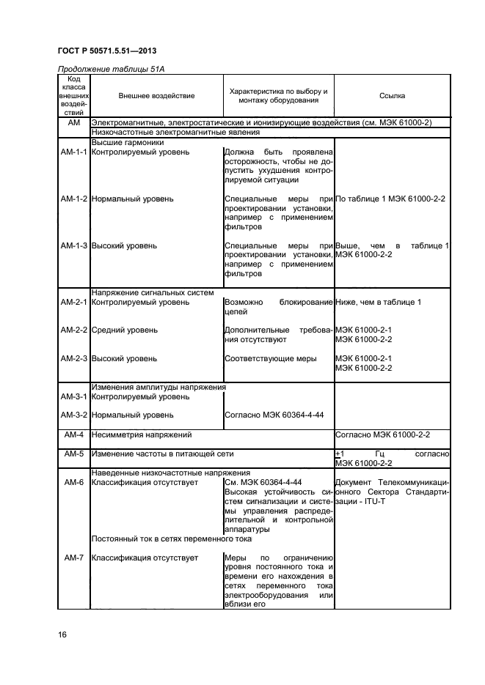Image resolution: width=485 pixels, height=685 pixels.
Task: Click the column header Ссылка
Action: tap(392, 96)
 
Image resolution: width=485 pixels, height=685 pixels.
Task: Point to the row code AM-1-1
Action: tap(73, 152)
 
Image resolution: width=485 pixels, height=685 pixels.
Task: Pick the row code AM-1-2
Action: tap(73, 199)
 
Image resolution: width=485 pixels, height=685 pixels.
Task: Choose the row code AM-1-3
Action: tap(73, 246)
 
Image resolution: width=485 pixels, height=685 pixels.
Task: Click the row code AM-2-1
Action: tap(73, 303)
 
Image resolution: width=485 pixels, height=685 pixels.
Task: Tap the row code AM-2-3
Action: tap(73, 359)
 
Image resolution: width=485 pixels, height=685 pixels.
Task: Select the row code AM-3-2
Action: tap(73, 415)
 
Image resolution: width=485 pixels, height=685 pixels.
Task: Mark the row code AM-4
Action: tap(73, 435)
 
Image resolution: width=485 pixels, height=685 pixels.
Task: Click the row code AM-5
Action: tap(73, 454)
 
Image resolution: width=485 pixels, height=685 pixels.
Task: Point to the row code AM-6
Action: tap(73, 483)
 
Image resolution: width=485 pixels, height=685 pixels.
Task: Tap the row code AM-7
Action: tap(73, 558)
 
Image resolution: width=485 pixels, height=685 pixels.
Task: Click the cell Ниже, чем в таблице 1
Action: tap(378, 303)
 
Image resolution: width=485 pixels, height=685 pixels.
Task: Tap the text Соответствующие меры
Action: tap(271, 359)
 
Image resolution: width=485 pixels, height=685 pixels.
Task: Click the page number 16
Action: tap(62, 634)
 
